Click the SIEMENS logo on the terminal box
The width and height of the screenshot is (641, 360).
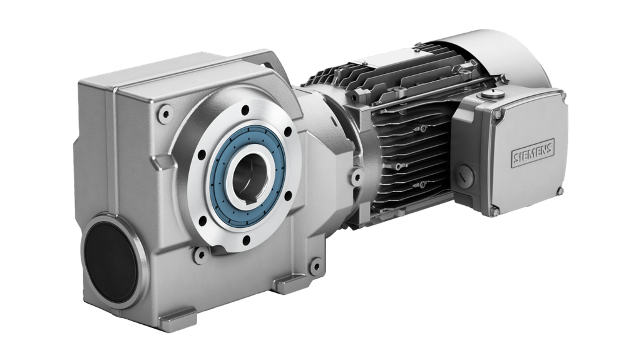click(x=533, y=153)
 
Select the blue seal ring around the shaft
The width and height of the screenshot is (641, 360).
click(x=247, y=177)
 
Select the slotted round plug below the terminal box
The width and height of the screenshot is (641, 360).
click(x=464, y=177)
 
